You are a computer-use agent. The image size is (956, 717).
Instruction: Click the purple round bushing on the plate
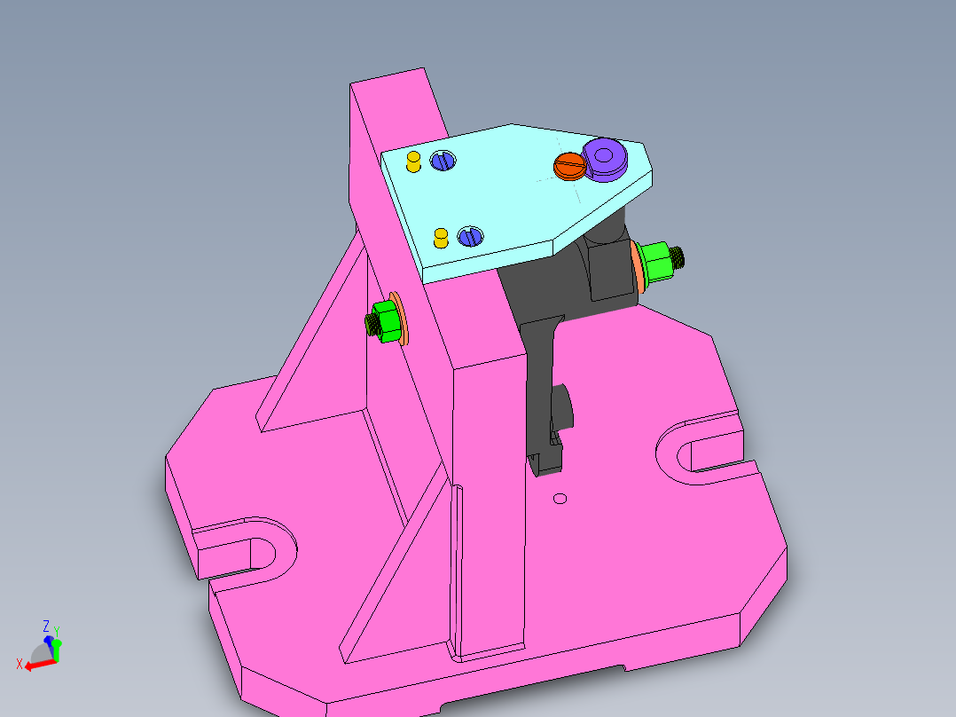606,158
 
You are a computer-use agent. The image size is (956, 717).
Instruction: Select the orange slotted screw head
568,164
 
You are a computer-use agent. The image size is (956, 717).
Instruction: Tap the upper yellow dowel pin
413,162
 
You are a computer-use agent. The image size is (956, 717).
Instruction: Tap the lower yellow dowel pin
440,237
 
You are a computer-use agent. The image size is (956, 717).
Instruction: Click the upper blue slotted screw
443,161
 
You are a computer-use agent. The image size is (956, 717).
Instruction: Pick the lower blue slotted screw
469,236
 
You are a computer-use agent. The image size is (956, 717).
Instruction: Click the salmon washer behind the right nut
638,268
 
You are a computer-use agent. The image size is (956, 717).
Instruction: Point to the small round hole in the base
560,499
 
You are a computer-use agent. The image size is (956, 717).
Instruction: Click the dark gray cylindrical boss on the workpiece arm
565,406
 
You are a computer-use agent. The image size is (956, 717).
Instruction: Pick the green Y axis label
57,632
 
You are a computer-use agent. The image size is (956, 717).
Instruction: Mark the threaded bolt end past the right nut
680,257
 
